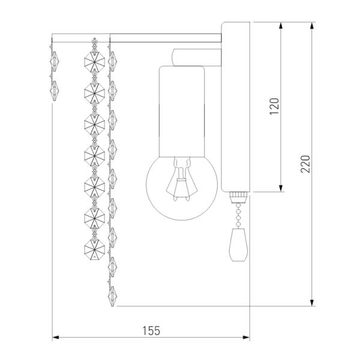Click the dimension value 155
pos(151,331)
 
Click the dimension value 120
pos(274,106)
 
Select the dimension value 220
pos(305,164)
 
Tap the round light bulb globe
pos(182,188)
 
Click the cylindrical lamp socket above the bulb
pos(182,112)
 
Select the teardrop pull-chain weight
pos(238,245)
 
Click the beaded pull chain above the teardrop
pos(238,216)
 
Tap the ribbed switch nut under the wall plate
pos(238,195)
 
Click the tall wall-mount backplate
pos(236,107)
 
